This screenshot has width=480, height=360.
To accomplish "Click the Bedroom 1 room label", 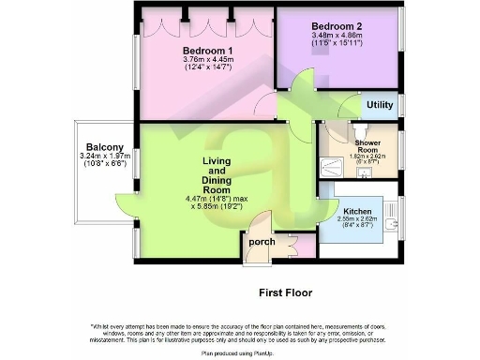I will pos(208,50).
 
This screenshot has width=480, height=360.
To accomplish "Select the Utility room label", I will pos(380,105).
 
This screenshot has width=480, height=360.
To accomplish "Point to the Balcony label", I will pos(105,147).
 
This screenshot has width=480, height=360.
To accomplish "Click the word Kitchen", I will pos(358,213).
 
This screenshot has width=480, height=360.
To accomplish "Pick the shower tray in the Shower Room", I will pos(333,168).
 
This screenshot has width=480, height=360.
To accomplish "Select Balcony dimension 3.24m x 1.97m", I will pos(105,159).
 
